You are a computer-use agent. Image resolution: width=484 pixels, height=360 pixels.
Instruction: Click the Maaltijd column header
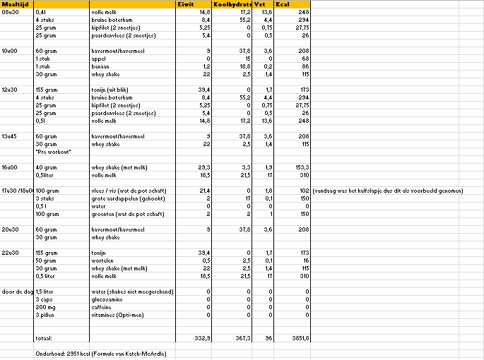(x=14, y=5)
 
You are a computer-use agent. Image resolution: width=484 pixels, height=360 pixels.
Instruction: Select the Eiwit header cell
(x=186, y=5)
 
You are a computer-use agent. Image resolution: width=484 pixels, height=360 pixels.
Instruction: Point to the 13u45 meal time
(x=11, y=136)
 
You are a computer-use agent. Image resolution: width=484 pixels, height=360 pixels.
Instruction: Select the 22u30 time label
(x=11, y=251)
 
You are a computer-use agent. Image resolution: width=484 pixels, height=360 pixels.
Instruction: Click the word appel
(x=100, y=59)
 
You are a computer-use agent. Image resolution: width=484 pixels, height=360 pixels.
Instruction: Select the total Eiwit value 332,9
(x=201, y=338)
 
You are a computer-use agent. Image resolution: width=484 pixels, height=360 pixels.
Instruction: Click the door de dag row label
(x=16, y=292)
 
